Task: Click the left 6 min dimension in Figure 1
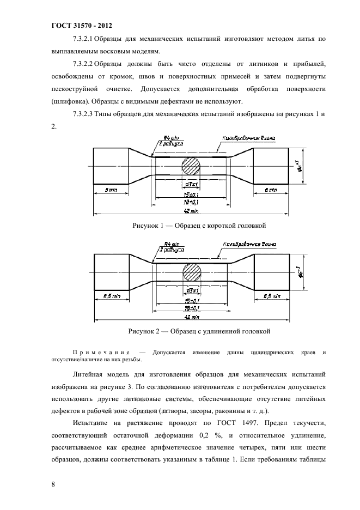pyautogui.click(x=111, y=190)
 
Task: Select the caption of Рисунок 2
pyautogui.click(x=199, y=331)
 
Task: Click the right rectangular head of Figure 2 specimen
pyautogui.click(x=271, y=271)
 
